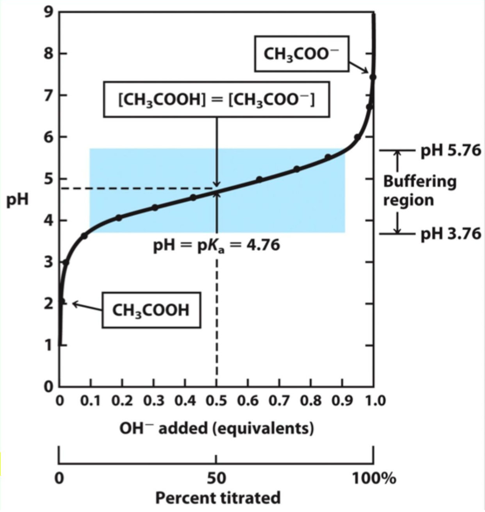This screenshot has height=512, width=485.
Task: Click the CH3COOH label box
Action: [x=151, y=310]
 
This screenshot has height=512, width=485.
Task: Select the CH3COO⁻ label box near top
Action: [x=301, y=54]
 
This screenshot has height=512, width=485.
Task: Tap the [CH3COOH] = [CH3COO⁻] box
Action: [x=216, y=100]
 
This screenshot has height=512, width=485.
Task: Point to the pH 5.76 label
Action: [x=451, y=150]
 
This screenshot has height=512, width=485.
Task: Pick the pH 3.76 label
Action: [x=451, y=234]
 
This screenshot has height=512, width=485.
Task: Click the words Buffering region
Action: [x=419, y=191]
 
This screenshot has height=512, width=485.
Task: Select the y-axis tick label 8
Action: [x=48, y=53]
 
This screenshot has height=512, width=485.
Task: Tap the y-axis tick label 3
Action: [x=48, y=262]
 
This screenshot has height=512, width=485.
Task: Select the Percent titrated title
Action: [x=218, y=498]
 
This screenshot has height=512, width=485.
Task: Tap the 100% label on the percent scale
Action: [x=374, y=478]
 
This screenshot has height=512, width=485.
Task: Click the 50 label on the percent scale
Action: [x=216, y=478]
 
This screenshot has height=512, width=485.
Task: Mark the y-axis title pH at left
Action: [x=18, y=199]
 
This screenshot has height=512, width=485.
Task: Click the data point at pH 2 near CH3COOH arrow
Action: [x=62, y=302]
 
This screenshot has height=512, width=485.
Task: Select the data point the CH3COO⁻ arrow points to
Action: [x=373, y=77]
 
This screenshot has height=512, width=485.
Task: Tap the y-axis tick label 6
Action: [x=48, y=137]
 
